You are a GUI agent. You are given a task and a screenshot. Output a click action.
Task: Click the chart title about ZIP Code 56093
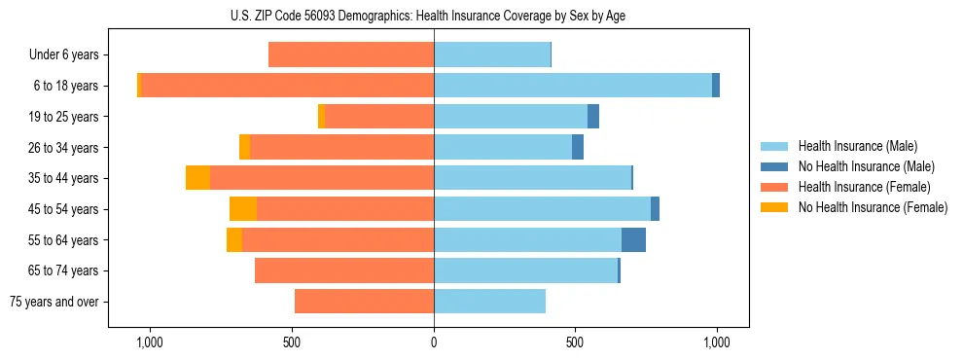point(433,14)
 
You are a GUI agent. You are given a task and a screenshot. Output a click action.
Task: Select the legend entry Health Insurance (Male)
point(857,146)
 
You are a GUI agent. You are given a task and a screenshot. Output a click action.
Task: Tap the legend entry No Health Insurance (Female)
point(873,207)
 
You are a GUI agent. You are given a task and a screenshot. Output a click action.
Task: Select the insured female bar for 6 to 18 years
point(287,86)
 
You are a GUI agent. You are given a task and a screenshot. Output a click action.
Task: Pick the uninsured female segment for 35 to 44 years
point(197,178)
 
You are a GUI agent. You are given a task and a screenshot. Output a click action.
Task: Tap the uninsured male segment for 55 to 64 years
point(633,239)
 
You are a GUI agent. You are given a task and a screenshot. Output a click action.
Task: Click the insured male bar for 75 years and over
point(489,302)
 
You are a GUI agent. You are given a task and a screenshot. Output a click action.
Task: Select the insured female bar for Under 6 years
point(351,55)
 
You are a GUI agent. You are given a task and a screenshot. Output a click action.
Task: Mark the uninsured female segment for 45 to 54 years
point(243,209)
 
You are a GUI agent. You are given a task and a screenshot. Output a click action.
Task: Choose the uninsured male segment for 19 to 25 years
point(593,117)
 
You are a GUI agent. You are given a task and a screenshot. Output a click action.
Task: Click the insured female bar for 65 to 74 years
point(344,270)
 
